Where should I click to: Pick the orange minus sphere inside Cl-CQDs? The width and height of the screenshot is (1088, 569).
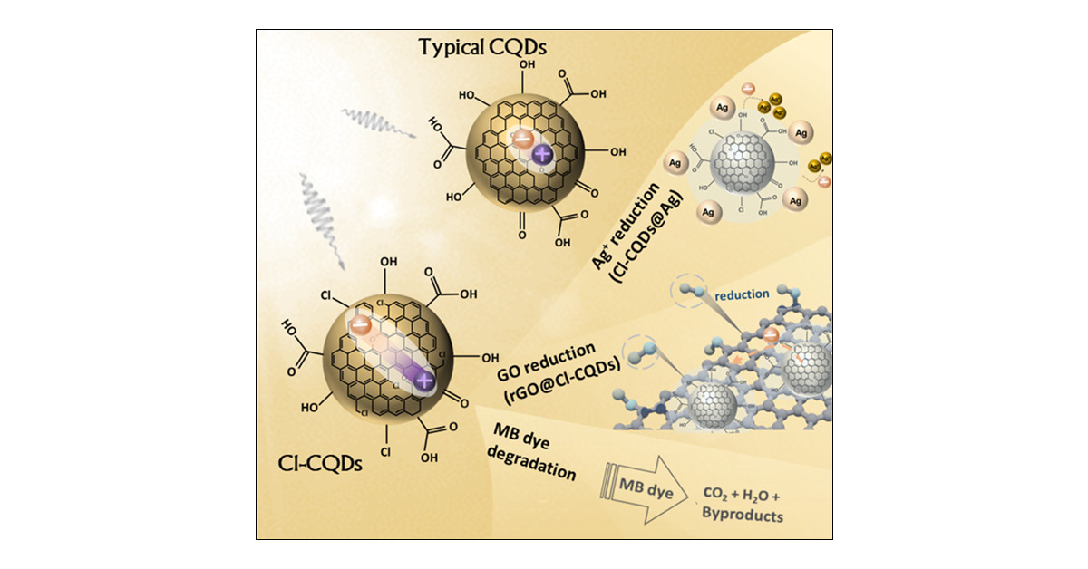click(361, 324)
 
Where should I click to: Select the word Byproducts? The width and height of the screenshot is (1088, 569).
click(743, 516)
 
